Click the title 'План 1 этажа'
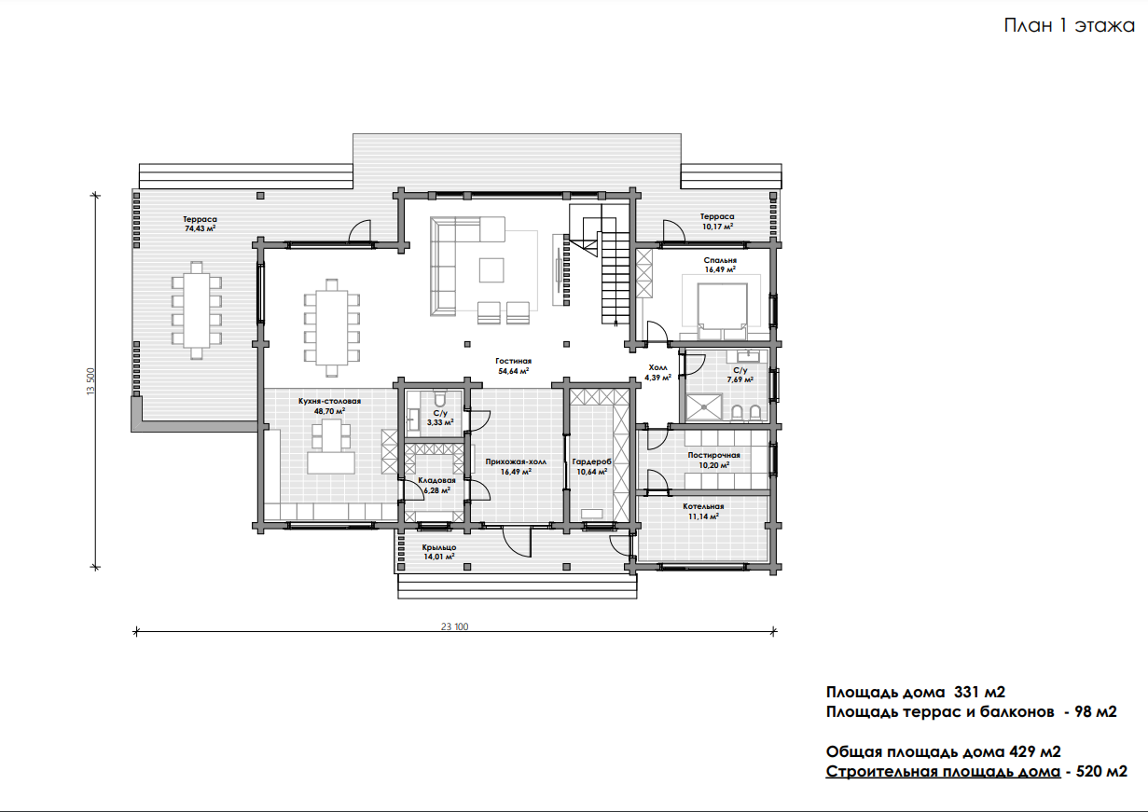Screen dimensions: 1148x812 1069,25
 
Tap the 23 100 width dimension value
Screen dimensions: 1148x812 454,626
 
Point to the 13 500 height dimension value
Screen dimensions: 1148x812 90,381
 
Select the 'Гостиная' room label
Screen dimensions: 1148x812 513,361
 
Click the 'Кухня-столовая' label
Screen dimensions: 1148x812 329,401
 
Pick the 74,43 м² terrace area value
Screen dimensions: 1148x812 200,228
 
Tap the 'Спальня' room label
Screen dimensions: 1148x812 720,260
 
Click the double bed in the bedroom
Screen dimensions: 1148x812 723,310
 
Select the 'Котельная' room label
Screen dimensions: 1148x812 703,506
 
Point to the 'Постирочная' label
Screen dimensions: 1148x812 714,455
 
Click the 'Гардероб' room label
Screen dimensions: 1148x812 592,461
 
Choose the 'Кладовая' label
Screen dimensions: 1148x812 436,480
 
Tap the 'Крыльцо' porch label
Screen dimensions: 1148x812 439,547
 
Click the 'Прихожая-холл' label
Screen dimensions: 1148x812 516,461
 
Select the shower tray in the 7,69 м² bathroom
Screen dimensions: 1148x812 704,407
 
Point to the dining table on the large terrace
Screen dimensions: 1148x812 196,310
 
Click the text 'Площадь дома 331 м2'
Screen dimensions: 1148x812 916,692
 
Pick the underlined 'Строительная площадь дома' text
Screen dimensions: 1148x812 943,772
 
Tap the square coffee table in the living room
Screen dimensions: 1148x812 491,270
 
